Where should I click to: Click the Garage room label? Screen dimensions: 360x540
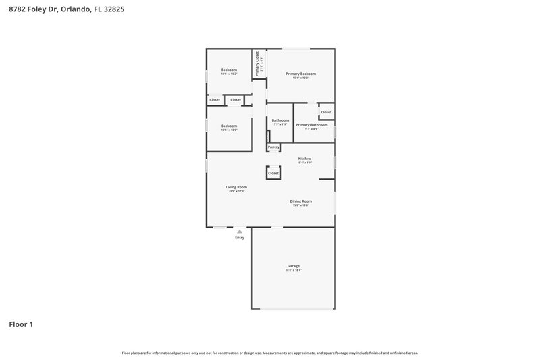pos(294,266)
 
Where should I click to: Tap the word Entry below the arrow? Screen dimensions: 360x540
pos(240,238)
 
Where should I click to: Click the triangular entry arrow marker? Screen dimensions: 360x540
pos(240,231)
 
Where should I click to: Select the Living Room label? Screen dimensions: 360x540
pos(236,187)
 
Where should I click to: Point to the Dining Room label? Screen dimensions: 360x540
pos(300,201)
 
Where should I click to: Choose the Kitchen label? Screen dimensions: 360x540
pos(305,159)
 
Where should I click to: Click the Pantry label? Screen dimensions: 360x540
pos(273,147)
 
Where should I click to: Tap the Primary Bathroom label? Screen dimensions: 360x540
pos(311,125)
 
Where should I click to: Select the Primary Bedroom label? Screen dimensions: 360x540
pos(300,74)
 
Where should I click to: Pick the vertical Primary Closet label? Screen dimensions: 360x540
pos(257,65)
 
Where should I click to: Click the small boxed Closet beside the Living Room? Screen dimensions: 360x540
pos(273,173)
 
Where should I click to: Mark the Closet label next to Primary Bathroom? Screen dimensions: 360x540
pos(326,112)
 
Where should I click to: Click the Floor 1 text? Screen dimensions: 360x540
pos(21,324)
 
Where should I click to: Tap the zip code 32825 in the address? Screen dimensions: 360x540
pos(113,10)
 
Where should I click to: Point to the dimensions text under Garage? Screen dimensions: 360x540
pos(294,270)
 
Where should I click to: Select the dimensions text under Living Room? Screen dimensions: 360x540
pos(236,192)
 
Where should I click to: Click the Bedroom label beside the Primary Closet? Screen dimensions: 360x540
pos(230,70)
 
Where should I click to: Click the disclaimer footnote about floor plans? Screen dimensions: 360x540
pos(270,353)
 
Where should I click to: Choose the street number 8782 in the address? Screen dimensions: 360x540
pos(18,10)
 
